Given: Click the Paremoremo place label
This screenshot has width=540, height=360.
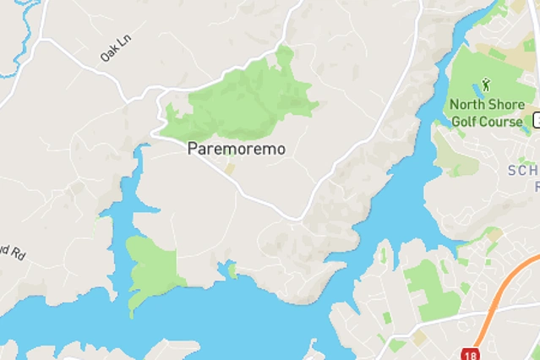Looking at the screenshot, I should (x=236, y=149).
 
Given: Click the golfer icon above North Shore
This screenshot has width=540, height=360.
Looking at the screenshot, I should (x=485, y=85).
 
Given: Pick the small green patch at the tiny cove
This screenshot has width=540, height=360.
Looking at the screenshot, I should (x=232, y=270).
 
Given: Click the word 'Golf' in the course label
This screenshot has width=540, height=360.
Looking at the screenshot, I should (x=466, y=120).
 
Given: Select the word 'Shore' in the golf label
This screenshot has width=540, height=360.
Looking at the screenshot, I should (x=503, y=105).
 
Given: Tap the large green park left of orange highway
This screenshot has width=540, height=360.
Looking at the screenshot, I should (x=431, y=287).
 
